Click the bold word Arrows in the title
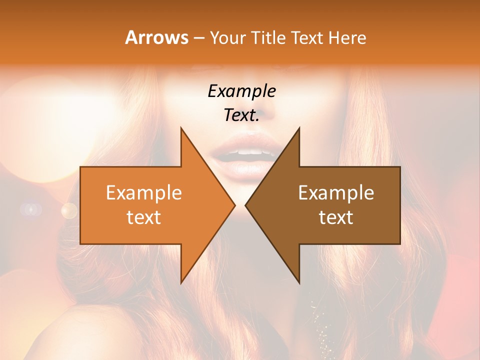click(x=157, y=37)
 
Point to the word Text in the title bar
click(x=308, y=37)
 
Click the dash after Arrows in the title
click(x=199, y=38)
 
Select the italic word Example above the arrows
click(x=242, y=91)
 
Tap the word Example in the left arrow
click(x=144, y=192)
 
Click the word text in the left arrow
click(x=144, y=217)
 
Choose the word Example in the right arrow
click(x=336, y=192)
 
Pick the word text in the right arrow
click(x=336, y=217)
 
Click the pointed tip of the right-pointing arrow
click(x=235, y=205)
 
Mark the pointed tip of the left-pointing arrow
click(x=245, y=205)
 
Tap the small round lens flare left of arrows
click(x=69, y=210)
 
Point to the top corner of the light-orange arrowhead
click(x=181, y=127)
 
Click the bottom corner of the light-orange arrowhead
click(x=181, y=283)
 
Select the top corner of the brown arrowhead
click(x=299, y=127)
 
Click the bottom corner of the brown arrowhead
click(x=299, y=283)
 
